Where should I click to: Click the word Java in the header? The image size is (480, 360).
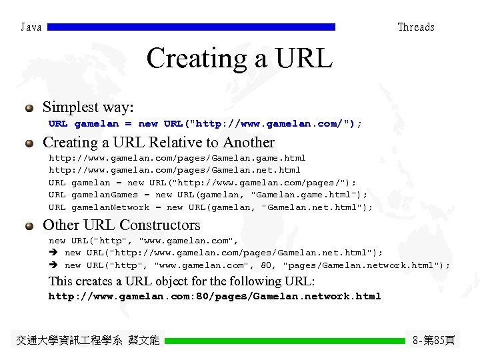(x=31, y=27)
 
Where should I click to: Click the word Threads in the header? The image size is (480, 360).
(x=415, y=27)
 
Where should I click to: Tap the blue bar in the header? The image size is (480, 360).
(x=192, y=27)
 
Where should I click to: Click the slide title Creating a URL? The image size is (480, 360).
(x=239, y=59)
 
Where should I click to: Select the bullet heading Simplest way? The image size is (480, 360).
(x=88, y=107)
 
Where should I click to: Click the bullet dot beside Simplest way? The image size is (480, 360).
(x=29, y=108)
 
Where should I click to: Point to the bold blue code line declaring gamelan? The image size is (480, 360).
(x=205, y=124)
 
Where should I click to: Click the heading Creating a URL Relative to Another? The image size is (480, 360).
(x=158, y=143)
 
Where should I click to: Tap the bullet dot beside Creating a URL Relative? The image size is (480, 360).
(x=29, y=143)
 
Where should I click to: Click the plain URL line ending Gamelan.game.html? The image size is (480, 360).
(x=177, y=158)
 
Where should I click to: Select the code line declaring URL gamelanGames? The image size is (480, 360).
(x=208, y=195)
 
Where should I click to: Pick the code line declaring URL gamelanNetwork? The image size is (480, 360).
(x=211, y=207)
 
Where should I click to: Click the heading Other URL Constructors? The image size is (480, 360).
(x=121, y=225)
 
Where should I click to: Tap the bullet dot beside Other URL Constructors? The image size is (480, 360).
(x=29, y=226)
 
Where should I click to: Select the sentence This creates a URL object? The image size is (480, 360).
(x=181, y=281)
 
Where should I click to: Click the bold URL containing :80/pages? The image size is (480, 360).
(x=215, y=297)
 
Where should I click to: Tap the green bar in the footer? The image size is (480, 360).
(x=285, y=341)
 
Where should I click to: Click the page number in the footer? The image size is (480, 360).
(x=434, y=341)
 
